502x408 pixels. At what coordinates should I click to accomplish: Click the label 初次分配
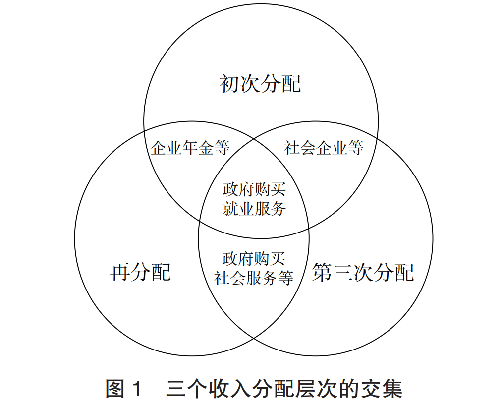coord(260,84)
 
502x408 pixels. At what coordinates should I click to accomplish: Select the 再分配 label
coord(140,272)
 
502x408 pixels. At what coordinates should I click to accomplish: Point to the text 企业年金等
coord(190,148)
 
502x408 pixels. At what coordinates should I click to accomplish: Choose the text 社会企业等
coord(324,147)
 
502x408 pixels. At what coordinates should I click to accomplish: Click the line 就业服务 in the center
coord(254,209)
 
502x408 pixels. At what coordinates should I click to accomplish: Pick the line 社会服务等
coord(254,278)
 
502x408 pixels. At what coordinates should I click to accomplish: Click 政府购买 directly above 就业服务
coord(254,190)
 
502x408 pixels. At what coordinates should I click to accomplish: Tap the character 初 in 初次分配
coord(229,84)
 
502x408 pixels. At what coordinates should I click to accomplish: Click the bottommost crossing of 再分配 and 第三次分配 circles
coord(254,338)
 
